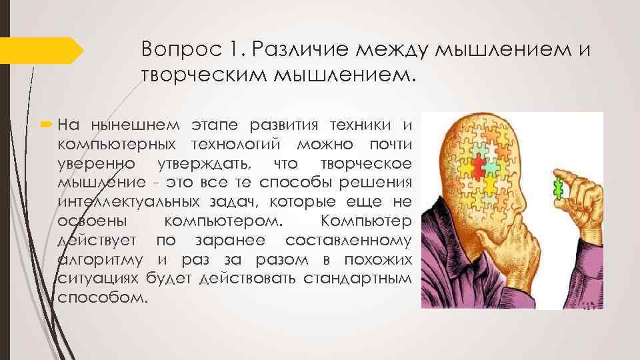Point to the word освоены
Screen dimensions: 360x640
coord(84,221)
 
